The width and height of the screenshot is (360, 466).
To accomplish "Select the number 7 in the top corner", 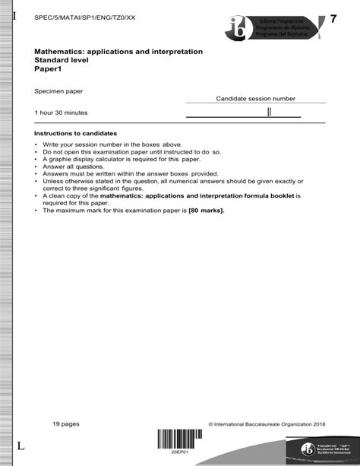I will [x=333, y=18].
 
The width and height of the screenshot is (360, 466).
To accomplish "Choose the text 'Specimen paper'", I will [x=58, y=91].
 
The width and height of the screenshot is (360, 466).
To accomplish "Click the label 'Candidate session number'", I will [x=255, y=99].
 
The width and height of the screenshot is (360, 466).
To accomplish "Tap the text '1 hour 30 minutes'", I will [x=61, y=113].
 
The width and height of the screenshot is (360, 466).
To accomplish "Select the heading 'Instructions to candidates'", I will [x=75, y=133].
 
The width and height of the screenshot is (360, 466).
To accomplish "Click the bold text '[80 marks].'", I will [x=207, y=211].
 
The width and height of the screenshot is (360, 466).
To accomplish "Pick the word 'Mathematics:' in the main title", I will [x=58, y=51].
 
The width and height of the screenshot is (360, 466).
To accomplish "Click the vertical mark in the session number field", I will [x=269, y=113].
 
